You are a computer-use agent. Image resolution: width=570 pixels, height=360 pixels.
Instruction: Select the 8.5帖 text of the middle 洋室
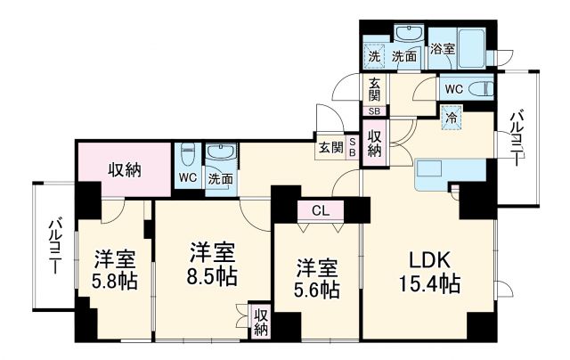(x=212, y=276)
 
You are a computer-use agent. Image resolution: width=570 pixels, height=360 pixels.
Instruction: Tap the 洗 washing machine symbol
(x=375, y=56)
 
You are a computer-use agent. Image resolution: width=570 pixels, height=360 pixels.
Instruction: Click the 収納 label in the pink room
(x=125, y=169)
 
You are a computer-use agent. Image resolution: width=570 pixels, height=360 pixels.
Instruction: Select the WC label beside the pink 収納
(x=188, y=177)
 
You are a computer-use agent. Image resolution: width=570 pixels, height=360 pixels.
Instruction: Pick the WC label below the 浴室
(x=452, y=88)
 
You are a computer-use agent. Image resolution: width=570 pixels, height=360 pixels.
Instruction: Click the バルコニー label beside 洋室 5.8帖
(x=54, y=244)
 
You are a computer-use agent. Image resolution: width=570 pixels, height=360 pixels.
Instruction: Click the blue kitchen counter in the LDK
(x=450, y=169)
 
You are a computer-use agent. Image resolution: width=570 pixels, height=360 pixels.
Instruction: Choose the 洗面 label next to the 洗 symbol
(x=405, y=56)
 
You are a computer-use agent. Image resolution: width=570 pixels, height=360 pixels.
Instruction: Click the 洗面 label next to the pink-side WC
(x=220, y=178)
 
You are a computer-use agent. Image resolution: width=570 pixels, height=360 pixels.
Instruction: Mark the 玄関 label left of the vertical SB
(x=330, y=148)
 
